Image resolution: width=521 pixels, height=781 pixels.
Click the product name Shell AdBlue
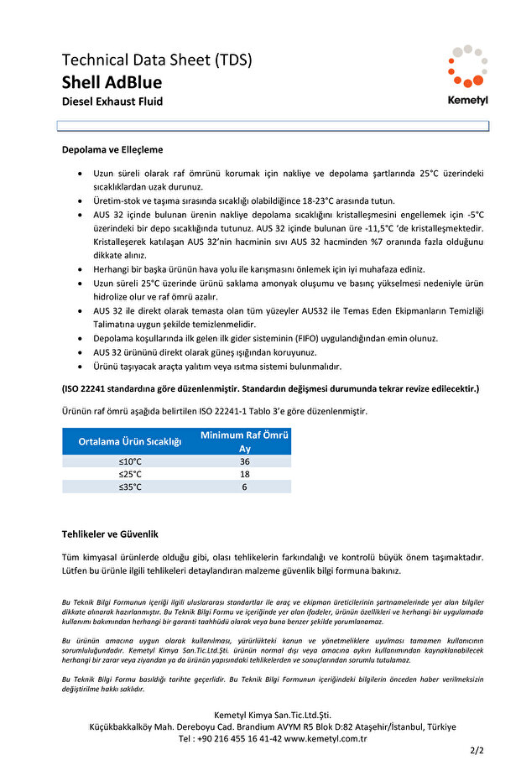[x=112, y=82]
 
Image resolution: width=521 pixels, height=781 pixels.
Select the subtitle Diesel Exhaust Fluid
[x=112, y=102]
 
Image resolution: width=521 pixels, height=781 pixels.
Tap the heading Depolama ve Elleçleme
[x=112, y=149]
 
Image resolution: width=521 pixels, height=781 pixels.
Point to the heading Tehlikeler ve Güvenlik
[x=110, y=534]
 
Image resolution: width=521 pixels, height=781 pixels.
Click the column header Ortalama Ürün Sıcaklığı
[x=130, y=442]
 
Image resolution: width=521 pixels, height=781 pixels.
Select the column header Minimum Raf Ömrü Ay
[x=244, y=442]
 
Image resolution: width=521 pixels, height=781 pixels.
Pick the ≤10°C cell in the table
[x=130, y=461]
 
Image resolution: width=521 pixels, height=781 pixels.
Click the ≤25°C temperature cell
[x=130, y=474]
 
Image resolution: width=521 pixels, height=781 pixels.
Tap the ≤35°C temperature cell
[x=130, y=487]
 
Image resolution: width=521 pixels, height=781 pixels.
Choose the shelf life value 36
[x=244, y=461]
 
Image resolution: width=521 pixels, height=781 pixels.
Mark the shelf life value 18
[x=244, y=474]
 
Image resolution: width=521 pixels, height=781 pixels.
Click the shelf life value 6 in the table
[x=244, y=487]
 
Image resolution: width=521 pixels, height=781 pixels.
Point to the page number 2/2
[x=477, y=751]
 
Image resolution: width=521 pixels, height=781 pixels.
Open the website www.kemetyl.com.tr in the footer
[x=326, y=739]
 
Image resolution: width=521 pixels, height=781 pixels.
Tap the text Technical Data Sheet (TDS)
[x=157, y=60]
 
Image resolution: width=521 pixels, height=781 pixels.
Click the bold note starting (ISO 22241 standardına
[x=270, y=389]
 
